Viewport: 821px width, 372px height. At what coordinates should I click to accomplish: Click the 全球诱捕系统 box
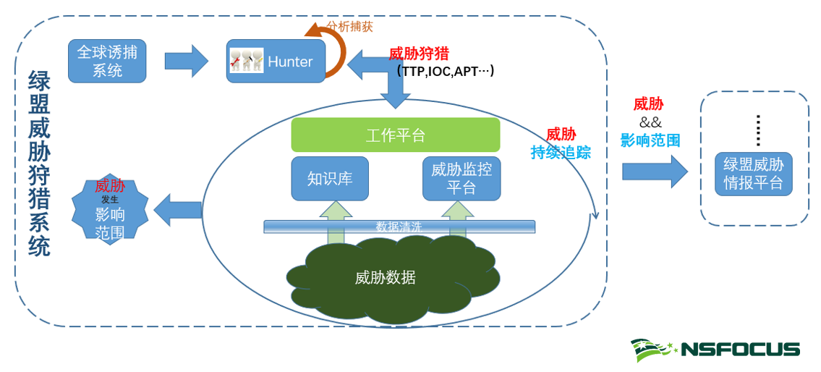click(x=107, y=61)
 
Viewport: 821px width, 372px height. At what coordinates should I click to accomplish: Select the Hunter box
click(x=289, y=62)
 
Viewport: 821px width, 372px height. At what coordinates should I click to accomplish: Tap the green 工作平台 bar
click(x=395, y=135)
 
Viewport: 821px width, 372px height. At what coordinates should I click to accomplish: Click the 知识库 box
click(x=330, y=178)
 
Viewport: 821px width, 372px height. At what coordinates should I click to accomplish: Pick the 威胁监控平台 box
click(x=461, y=178)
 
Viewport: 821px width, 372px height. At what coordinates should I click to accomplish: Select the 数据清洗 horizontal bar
click(x=399, y=227)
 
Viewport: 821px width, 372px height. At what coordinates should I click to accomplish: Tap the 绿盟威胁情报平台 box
click(x=753, y=174)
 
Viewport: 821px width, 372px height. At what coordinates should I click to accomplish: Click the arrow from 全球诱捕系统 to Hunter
click(x=186, y=61)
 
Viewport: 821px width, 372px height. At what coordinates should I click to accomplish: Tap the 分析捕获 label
click(x=350, y=27)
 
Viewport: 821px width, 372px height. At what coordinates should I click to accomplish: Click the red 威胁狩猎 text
click(x=419, y=54)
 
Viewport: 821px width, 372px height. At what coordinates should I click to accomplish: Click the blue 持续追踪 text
click(x=561, y=152)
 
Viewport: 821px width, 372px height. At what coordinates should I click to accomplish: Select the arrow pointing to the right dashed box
click(x=654, y=172)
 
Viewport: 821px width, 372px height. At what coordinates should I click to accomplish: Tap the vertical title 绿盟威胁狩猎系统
click(x=39, y=164)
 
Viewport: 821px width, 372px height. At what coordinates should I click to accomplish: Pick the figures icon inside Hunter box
click(x=246, y=60)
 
